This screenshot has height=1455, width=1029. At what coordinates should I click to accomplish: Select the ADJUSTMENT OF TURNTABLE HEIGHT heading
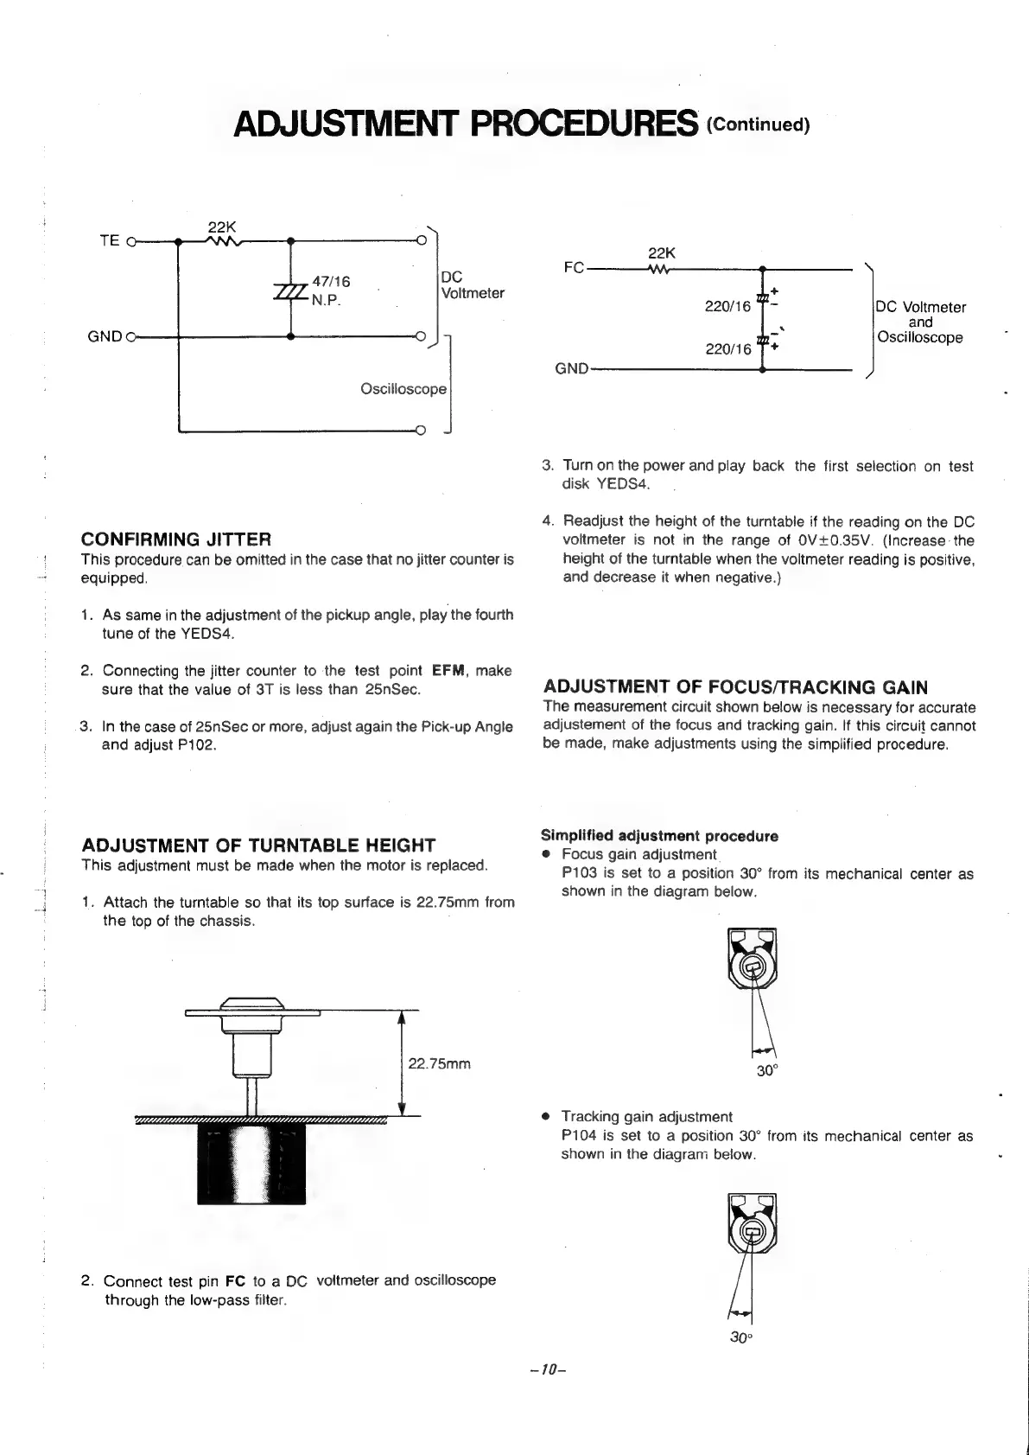pyautogui.click(x=258, y=846)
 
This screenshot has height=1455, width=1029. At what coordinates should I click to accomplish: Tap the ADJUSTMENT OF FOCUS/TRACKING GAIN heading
pyautogui.click(x=735, y=687)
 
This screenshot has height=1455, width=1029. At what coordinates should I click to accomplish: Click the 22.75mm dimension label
pyautogui.click(x=439, y=1063)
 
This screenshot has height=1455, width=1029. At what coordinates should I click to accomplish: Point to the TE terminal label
pyautogui.click(x=110, y=240)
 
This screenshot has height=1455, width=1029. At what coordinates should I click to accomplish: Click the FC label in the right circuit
pyautogui.click(x=574, y=268)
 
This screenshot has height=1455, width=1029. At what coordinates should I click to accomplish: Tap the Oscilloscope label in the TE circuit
pyautogui.click(x=403, y=389)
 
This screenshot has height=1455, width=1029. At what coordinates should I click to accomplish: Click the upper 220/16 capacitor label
pyautogui.click(x=727, y=306)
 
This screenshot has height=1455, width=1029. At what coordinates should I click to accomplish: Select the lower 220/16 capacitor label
pyautogui.click(x=727, y=349)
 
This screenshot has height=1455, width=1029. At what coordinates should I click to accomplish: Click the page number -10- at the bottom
pyautogui.click(x=547, y=1371)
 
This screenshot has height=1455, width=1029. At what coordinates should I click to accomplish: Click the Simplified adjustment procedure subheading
pyautogui.click(x=659, y=836)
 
